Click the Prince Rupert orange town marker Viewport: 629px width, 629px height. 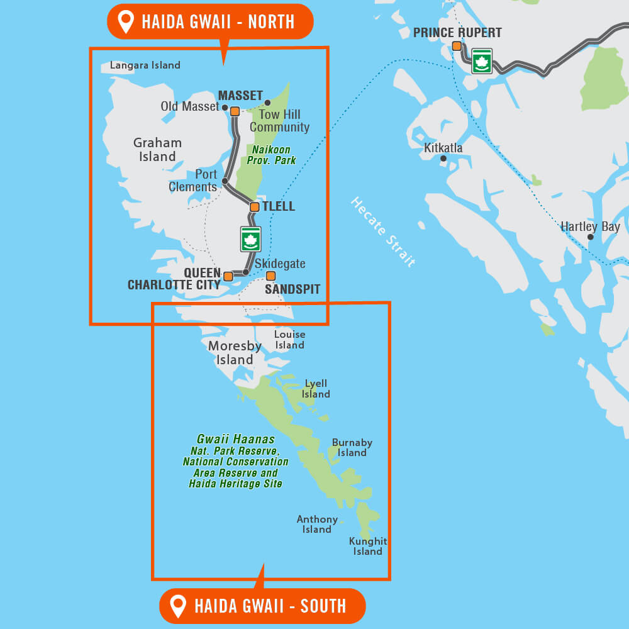pos(457,46)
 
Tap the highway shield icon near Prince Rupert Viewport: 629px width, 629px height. pos(482,61)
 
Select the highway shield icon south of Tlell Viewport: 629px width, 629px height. pos(250,239)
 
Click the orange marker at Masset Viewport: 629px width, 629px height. pos(235,111)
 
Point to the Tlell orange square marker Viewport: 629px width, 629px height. pos(254,207)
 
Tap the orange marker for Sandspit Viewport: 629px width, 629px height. pos(270,276)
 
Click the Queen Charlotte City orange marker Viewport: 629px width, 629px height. pos(228,276)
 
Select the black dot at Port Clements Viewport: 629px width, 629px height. pos(225,181)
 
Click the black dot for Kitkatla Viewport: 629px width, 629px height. pos(443,159)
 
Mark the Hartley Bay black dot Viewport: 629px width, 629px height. pos(590,237)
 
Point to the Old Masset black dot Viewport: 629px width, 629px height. pos(225,108)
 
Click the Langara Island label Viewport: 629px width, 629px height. pos(145,65)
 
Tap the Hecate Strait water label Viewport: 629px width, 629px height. pos(383,232)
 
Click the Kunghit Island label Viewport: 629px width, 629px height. pos(368,546)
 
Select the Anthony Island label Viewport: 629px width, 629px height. pos(317,524)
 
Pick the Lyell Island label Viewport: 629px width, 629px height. pos(316,389)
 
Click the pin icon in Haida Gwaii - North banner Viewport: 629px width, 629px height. pos(126,21)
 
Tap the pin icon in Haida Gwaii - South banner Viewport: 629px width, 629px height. pos(179,606)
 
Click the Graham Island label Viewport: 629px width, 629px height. pos(157,150)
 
